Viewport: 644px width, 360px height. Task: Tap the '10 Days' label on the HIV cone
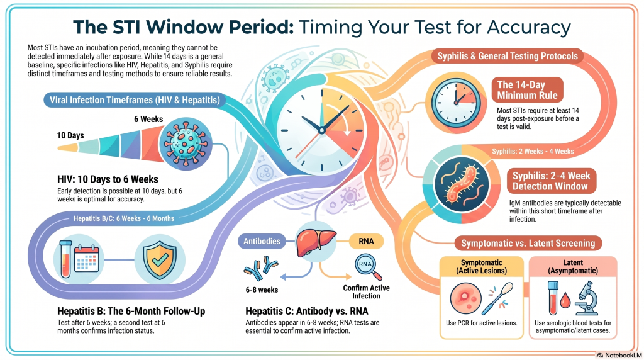70,135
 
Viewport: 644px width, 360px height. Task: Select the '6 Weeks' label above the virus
148,119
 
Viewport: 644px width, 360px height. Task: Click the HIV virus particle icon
186,143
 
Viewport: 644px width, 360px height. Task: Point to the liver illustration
316,242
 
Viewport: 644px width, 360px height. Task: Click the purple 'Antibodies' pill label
262,241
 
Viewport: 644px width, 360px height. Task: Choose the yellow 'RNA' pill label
366,241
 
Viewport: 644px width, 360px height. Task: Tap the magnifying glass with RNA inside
368,267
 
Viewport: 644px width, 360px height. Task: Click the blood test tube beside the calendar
65,259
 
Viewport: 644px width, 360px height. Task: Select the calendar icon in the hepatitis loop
87,259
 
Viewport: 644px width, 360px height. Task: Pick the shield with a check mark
160,259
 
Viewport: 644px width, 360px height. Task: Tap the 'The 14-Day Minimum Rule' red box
528,90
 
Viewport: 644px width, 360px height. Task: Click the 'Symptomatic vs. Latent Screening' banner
528,244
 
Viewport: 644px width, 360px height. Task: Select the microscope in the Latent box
587,298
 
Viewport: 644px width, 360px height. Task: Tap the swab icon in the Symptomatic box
497,299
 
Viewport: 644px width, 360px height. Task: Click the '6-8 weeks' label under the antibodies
262,290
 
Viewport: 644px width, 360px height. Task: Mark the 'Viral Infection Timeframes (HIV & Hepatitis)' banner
135,100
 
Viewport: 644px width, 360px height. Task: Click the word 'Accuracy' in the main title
529,28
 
